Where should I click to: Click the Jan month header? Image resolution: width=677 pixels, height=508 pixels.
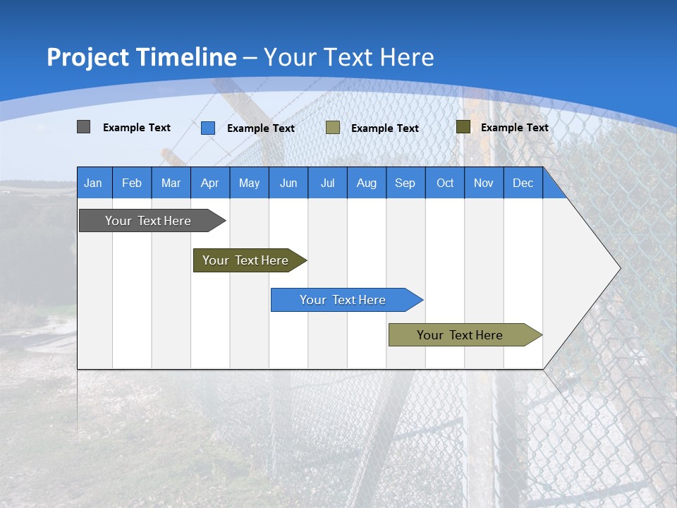[93, 183]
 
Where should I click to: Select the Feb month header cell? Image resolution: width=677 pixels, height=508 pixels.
[132, 183]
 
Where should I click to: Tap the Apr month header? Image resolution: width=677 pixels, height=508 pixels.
[209, 183]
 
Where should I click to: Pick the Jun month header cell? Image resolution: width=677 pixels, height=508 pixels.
[288, 183]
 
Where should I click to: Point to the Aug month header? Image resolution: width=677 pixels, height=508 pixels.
[366, 183]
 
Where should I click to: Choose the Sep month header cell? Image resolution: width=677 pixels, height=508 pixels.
[405, 183]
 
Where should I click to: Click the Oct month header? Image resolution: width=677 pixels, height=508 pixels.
[445, 183]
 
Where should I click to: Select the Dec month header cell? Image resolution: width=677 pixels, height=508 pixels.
[523, 183]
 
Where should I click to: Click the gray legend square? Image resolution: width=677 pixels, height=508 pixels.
[83, 127]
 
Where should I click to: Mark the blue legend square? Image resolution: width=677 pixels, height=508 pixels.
[208, 128]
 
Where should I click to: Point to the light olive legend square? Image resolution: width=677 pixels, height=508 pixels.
[333, 128]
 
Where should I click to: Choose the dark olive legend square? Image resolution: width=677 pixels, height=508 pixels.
[463, 127]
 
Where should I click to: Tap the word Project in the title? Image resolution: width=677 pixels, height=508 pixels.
[87, 57]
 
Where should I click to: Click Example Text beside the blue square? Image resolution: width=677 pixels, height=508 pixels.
[261, 128]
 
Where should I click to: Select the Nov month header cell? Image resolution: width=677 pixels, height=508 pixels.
[483, 183]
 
